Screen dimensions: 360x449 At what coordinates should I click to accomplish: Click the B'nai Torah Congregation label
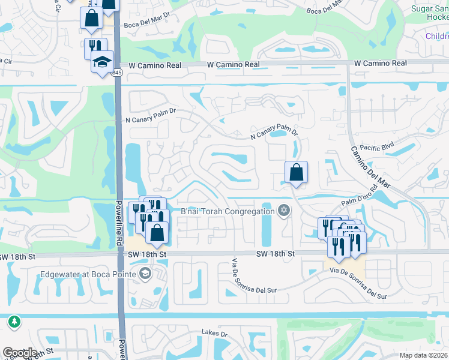(x=228, y=211)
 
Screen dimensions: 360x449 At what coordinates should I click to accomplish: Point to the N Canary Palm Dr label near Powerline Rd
(x=150, y=111)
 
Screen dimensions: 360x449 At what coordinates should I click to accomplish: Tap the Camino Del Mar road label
(x=370, y=167)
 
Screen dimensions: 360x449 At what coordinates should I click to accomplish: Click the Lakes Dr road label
(x=214, y=333)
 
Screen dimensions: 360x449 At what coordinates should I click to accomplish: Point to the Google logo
(x=20, y=353)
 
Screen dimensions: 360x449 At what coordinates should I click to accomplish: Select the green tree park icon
(x=14, y=322)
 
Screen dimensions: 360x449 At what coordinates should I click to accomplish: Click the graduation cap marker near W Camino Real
(x=102, y=63)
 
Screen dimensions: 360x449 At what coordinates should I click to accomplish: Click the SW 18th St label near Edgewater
(x=148, y=254)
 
